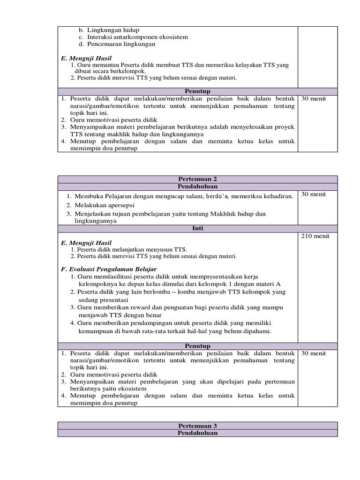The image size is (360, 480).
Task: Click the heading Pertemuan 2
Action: [197, 179]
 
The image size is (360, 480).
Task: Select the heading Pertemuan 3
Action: [197, 426]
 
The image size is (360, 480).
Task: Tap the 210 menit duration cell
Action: [315, 236]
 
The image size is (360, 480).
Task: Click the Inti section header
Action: [197, 228]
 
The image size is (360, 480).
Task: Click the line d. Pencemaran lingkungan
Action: [116, 44]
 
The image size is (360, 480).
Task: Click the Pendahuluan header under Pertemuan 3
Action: [197, 433]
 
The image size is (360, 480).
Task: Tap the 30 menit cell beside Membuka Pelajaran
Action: [314, 194]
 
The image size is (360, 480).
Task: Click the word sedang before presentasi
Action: [88, 299]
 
